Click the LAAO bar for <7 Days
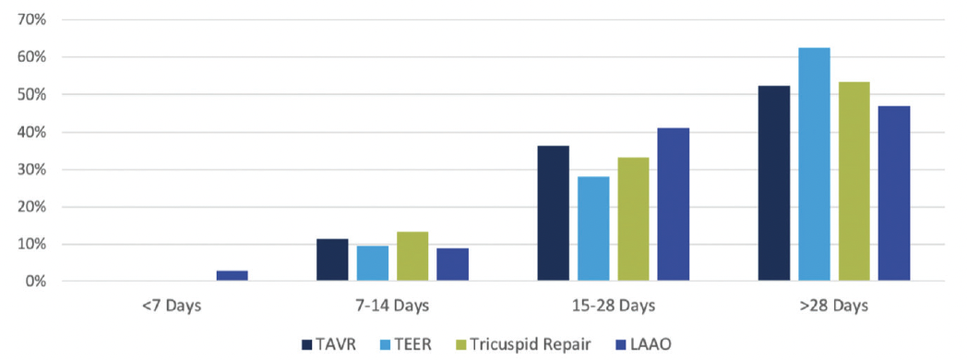(232, 275)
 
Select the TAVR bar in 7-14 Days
(332, 259)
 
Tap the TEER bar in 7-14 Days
(373, 263)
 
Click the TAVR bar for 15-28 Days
(553, 213)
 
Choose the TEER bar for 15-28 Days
(593, 228)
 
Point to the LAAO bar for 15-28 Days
(674, 204)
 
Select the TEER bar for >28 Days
(814, 164)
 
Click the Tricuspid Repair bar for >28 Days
(854, 181)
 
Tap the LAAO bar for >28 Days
(894, 193)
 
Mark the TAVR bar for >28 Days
(773, 183)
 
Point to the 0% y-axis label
(38, 282)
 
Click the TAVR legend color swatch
(307, 344)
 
